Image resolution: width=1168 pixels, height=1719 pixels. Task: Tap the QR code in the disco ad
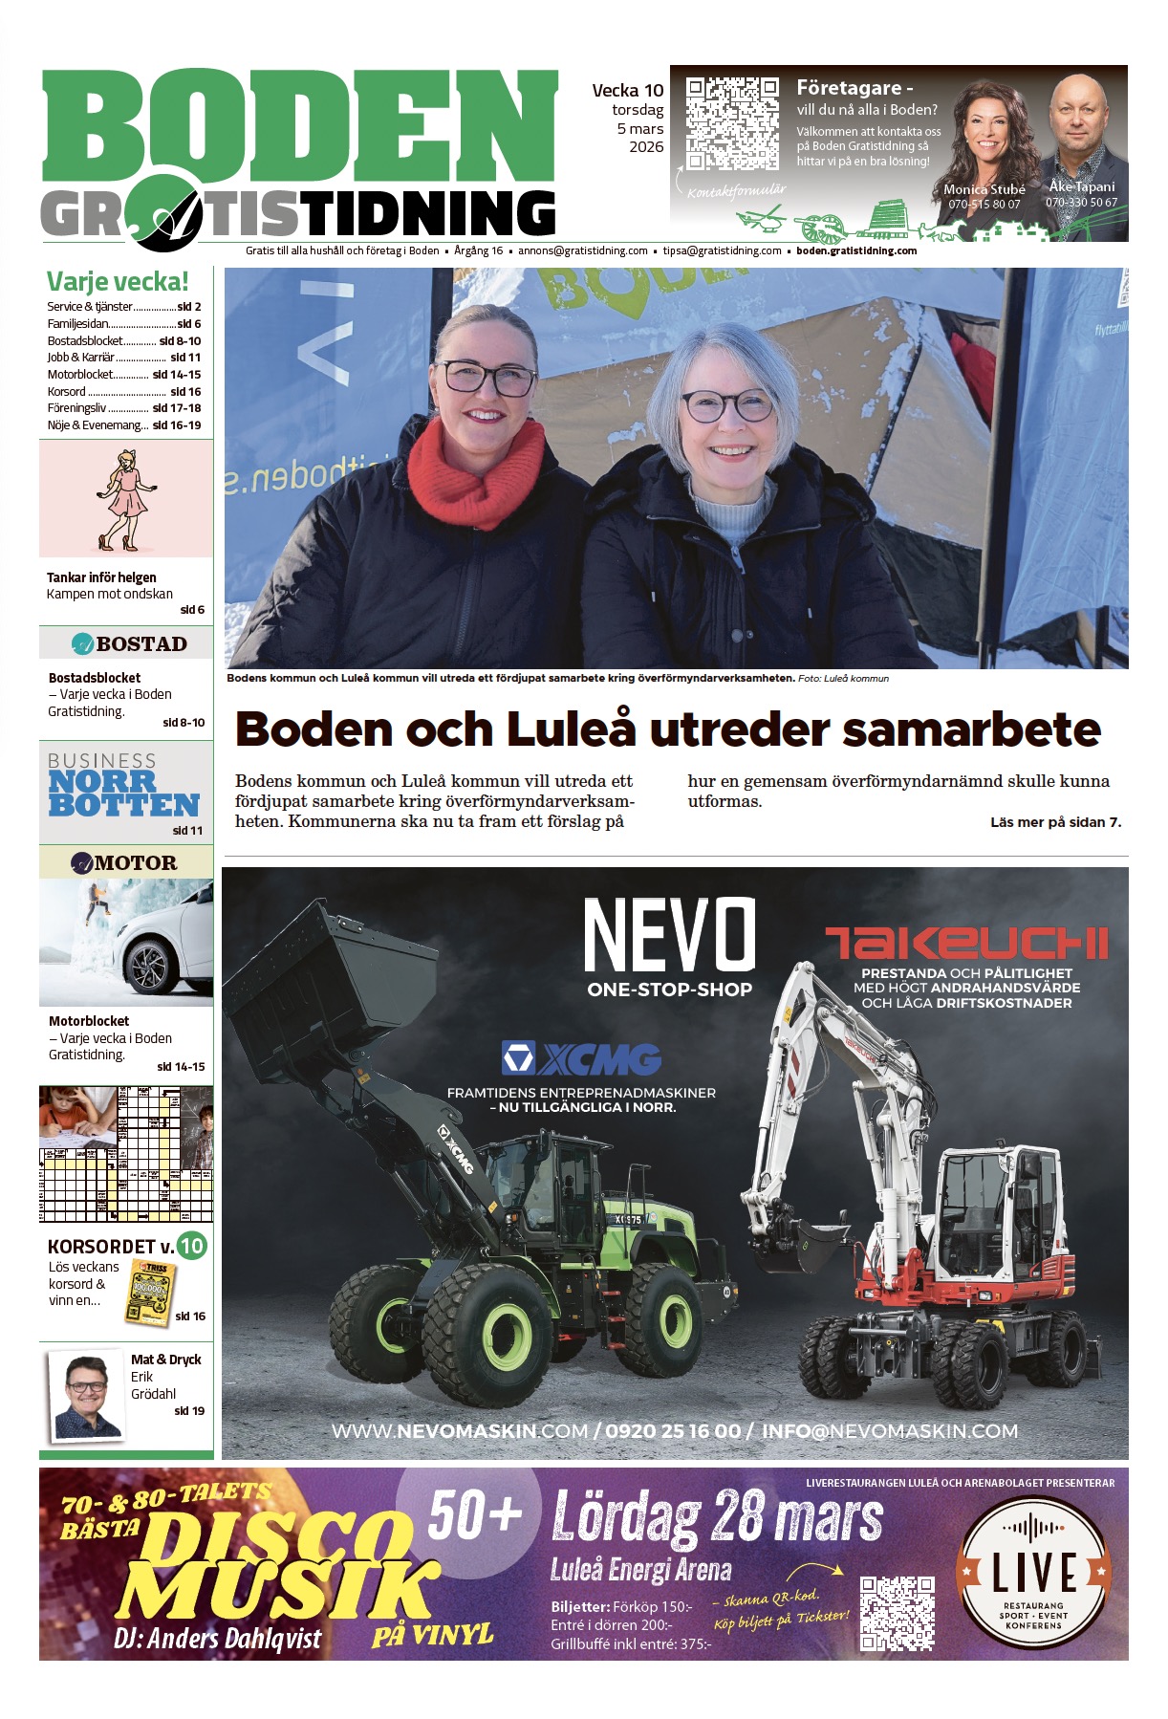tap(897, 1614)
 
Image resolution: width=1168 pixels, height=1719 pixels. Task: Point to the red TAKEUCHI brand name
tap(966, 943)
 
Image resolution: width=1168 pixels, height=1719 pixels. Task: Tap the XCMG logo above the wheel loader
tap(581, 1059)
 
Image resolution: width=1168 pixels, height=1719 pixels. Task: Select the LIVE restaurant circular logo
tap(1034, 1576)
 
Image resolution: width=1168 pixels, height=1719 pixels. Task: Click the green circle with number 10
tap(192, 1246)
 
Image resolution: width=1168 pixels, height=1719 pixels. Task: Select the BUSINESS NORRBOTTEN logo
tap(123, 785)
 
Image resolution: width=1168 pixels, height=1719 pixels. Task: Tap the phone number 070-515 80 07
tap(984, 205)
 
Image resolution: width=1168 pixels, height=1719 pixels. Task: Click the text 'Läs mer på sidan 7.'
tap(1055, 822)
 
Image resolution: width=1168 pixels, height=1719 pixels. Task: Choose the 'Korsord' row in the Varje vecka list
tap(124, 392)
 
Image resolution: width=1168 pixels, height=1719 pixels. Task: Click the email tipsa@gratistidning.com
tap(722, 251)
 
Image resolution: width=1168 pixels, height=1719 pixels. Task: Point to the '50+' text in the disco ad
tap(475, 1516)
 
